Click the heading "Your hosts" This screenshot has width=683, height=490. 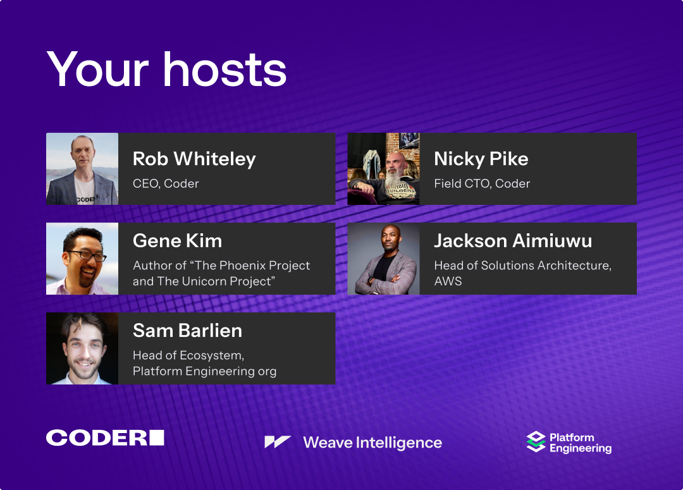(166, 70)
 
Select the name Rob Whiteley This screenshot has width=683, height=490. (194, 159)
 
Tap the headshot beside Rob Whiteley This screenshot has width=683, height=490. (82, 169)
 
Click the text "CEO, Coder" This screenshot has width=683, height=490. (166, 184)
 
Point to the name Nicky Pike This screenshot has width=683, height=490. (481, 159)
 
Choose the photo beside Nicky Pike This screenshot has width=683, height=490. (383, 169)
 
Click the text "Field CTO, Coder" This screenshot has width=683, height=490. (482, 184)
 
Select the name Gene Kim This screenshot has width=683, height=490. (177, 241)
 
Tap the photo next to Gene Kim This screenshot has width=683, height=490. (82, 259)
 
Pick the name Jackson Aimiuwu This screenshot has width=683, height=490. (513, 241)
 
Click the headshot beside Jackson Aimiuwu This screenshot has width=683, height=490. (383, 259)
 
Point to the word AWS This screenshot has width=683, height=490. (448, 281)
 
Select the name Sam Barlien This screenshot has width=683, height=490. (187, 331)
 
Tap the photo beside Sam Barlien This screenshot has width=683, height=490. (82, 348)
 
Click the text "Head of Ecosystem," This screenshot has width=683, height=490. (188, 355)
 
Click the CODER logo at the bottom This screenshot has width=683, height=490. (105, 438)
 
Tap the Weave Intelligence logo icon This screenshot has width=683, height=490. (278, 442)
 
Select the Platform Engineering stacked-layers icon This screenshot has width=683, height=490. (536, 442)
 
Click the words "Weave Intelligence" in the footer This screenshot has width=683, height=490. (372, 443)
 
